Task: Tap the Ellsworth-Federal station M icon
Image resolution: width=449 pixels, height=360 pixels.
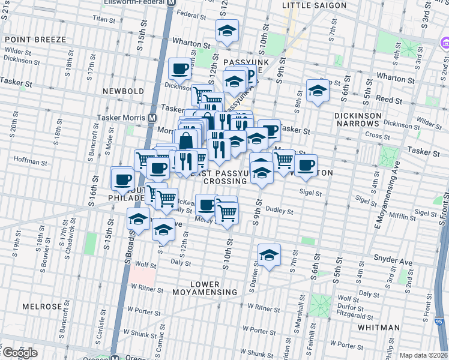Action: [171, 3]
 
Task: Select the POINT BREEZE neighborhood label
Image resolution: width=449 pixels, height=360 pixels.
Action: [35, 40]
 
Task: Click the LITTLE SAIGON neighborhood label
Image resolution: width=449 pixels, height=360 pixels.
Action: [314, 5]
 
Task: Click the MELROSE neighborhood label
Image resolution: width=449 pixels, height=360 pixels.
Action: [43, 306]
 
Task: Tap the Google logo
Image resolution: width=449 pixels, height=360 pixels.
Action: [19, 353]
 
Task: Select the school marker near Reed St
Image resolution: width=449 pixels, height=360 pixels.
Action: [318, 91]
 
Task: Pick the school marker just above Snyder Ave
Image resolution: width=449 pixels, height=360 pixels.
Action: [270, 255]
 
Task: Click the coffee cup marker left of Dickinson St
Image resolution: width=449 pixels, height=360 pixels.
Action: [179, 70]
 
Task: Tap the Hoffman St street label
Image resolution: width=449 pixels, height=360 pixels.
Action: [30, 162]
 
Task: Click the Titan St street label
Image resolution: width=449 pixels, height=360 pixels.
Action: [104, 20]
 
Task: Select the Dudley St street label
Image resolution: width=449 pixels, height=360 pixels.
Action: [279, 211]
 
